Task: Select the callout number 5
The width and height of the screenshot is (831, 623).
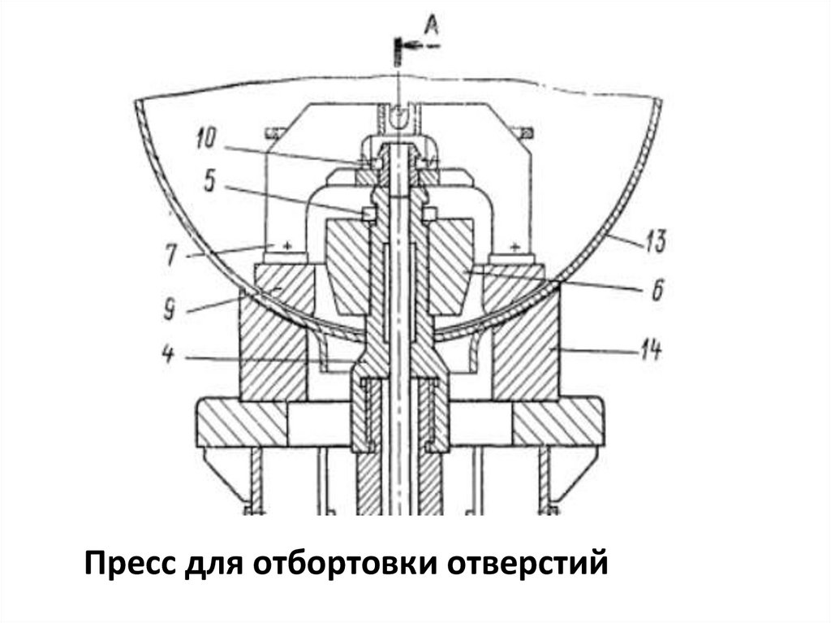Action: (x=209, y=181)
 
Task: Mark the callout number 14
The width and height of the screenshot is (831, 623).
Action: (x=650, y=351)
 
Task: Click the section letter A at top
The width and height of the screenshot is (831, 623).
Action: (x=432, y=26)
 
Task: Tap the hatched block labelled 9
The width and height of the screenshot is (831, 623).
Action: (x=272, y=341)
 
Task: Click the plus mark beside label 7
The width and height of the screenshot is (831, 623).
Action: (x=286, y=243)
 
